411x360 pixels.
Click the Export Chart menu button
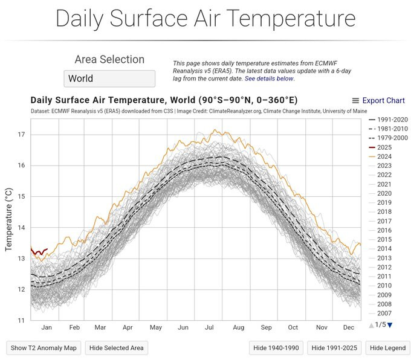click(x=378, y=101)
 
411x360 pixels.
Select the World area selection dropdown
click(x=109, y=79)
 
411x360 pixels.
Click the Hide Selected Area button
click(x=115, y=347)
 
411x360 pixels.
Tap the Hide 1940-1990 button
click(x=276, y=347)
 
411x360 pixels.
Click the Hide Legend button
click(x=387, y=347)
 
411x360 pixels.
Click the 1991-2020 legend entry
click(x=389, y=120)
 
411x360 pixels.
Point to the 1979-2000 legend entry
click(x=389, y=138)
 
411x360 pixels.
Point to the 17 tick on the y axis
click(x=21, y=135)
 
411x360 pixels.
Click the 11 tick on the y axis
click(x=21, y=320)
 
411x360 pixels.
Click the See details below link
click(x=270, y=79)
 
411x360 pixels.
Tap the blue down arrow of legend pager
click(x=390, y=325)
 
